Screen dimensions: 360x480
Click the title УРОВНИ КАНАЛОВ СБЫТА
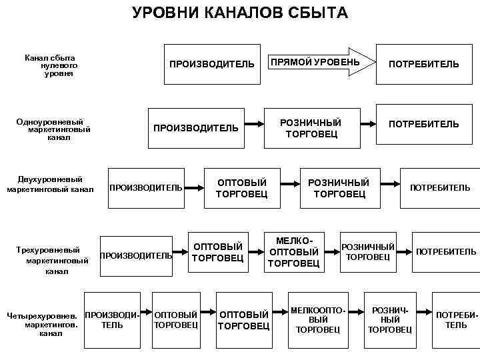tap(239, 13)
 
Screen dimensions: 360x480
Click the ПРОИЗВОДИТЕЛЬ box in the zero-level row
tap(211, 64)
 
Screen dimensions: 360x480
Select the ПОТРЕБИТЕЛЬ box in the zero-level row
tap(424, 64)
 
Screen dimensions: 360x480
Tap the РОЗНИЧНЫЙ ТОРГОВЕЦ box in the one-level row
tap(311, 128)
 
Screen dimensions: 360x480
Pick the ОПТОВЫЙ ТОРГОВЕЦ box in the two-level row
tap(241, 188)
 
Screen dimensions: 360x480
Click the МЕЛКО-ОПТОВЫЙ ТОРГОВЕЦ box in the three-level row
tap(293, 252)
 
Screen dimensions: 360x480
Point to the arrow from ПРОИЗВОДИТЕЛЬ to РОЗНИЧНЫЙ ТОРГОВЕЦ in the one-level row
tap(253, 124)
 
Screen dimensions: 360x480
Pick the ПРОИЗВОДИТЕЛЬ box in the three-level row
tap(136, 255)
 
